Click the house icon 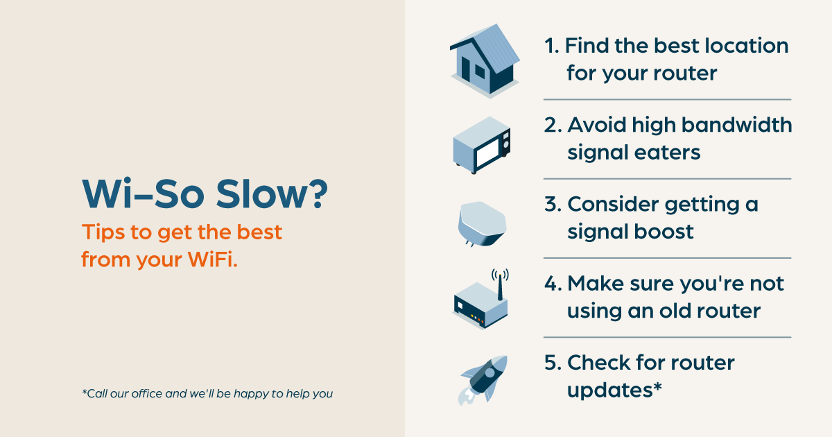tap(485, 61)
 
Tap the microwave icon tap(481, 145)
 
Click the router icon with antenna tap(480, 301)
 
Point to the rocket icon tap(483, 379)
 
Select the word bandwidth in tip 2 tap(736, 125)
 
